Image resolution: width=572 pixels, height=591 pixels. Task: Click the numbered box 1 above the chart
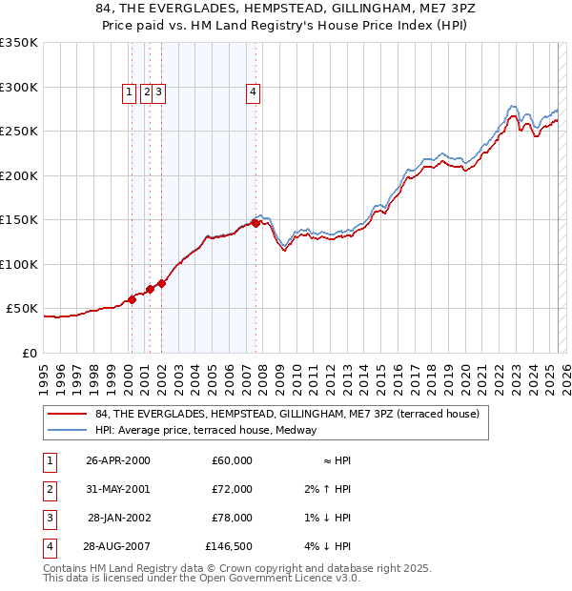tap(129, 92)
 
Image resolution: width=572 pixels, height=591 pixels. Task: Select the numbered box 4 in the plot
tap(253, 92)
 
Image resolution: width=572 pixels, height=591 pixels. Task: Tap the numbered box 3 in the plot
tap(159, 92)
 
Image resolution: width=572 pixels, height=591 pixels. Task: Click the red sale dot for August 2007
tap(255, 223)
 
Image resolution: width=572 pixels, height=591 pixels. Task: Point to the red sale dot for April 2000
tap(133, 299)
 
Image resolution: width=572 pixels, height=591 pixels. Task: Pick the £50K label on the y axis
tap(22, 309)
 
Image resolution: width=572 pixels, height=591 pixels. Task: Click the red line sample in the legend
tap(68, 414)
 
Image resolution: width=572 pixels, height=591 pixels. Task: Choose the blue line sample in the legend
tap(68, 430)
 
